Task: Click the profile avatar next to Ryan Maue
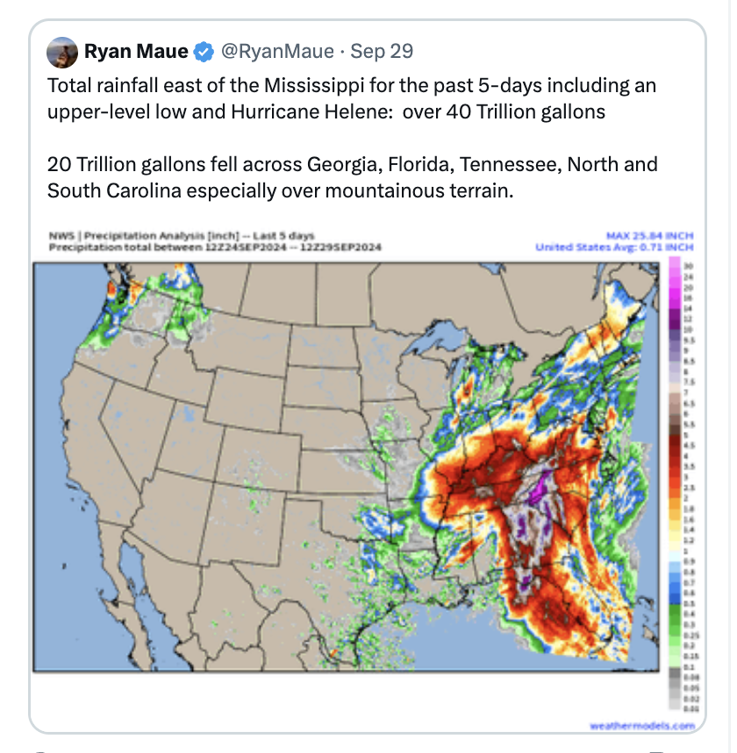coord(62,52)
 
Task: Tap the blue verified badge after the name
coord(204,52)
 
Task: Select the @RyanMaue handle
coord(276,52)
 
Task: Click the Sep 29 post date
coord(382,52)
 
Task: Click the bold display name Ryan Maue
coord(136,52)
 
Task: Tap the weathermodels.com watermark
coord(640,725)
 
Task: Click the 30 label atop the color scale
coord(687,265)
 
